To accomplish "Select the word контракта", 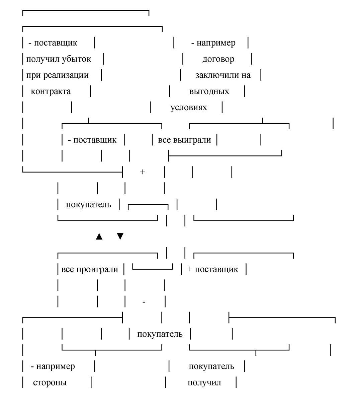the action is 51,91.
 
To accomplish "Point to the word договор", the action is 218,59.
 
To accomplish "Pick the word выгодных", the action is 209,91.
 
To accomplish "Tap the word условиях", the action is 189,108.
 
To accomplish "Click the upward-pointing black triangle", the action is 99,236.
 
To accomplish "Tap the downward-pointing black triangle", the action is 120,236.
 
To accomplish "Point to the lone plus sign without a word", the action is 142,172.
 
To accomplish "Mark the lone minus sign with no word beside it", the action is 144,302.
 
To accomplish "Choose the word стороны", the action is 50,383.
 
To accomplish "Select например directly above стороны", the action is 56,366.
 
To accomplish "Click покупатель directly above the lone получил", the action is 211,366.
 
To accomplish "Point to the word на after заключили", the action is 246,75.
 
